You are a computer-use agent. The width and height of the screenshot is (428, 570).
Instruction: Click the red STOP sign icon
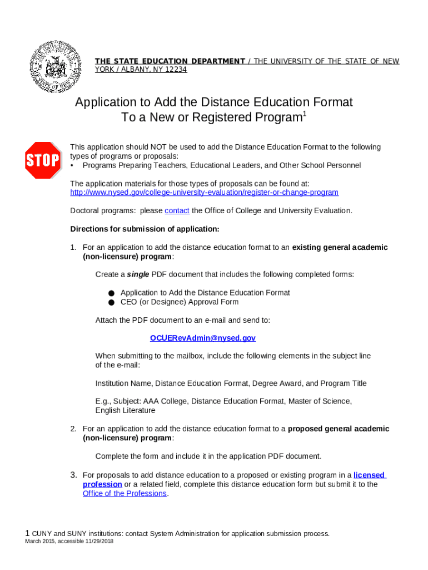43,160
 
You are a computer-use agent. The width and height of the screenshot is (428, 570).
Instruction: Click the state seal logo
54,66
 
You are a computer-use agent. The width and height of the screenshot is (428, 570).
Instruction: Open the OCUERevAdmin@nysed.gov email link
203,338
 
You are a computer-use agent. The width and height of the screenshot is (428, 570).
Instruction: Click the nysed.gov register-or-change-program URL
204,193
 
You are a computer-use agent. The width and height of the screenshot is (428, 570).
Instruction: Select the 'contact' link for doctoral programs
177,211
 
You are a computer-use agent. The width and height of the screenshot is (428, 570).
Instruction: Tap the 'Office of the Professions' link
125,494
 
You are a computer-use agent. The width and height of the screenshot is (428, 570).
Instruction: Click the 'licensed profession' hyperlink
369,475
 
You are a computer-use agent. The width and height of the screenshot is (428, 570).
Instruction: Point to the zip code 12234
173,70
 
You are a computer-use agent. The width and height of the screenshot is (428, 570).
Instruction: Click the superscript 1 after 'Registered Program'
303,115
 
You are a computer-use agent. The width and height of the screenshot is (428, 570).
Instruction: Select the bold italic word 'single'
138,274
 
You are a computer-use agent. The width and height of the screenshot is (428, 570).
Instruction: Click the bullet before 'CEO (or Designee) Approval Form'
111,302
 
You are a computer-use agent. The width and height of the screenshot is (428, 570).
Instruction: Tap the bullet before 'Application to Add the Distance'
111,293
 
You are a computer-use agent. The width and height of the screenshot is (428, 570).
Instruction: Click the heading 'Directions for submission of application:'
145,229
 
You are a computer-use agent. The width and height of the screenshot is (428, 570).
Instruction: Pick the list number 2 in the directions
73,429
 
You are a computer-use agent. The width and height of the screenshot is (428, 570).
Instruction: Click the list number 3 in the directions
73,475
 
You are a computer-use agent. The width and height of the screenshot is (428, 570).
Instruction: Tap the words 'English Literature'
125,411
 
